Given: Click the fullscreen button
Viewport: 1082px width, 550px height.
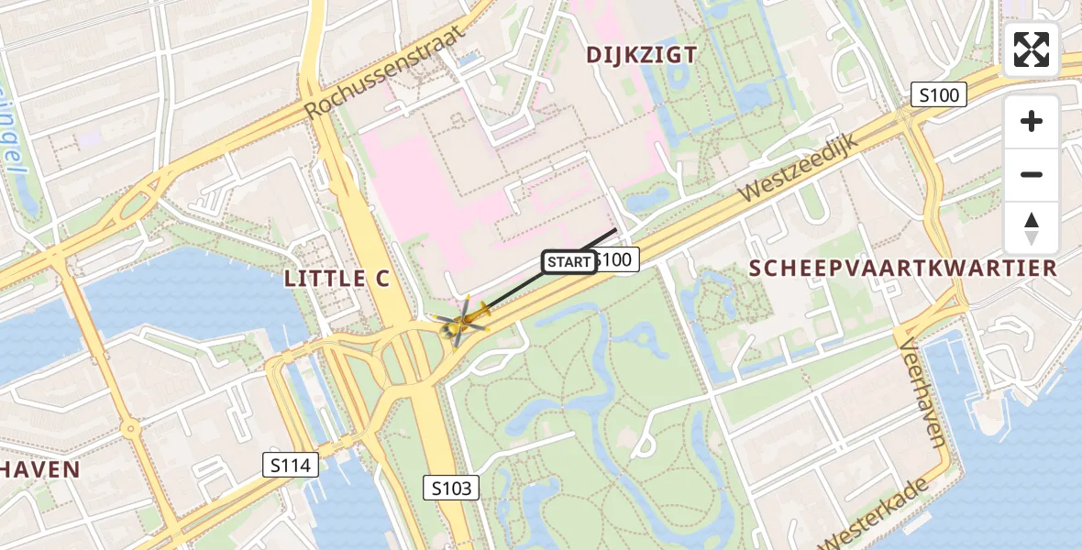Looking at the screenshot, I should point(1032,49).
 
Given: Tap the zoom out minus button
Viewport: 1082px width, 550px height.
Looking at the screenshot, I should point(1032,174).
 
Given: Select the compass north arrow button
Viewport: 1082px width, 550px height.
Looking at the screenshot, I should point(1032,228).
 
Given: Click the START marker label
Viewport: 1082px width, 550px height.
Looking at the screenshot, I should point(569,262).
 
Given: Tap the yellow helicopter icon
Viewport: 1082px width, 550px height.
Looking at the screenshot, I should point(461,321).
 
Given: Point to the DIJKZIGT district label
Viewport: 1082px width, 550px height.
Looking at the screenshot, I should point(642,55).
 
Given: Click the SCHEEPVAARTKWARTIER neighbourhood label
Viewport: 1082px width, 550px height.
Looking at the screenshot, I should point(903,268).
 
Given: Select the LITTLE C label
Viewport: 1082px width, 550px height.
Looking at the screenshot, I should point(337,279).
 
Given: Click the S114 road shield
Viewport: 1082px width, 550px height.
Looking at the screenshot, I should point(291,466).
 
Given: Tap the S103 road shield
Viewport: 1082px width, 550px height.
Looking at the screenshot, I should point(453,488).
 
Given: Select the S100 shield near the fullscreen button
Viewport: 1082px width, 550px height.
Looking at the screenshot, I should point(939,94).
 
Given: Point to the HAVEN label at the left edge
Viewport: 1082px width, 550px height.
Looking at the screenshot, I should point(39,469).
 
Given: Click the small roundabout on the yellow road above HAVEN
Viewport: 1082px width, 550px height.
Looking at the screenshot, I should point(130,428).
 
